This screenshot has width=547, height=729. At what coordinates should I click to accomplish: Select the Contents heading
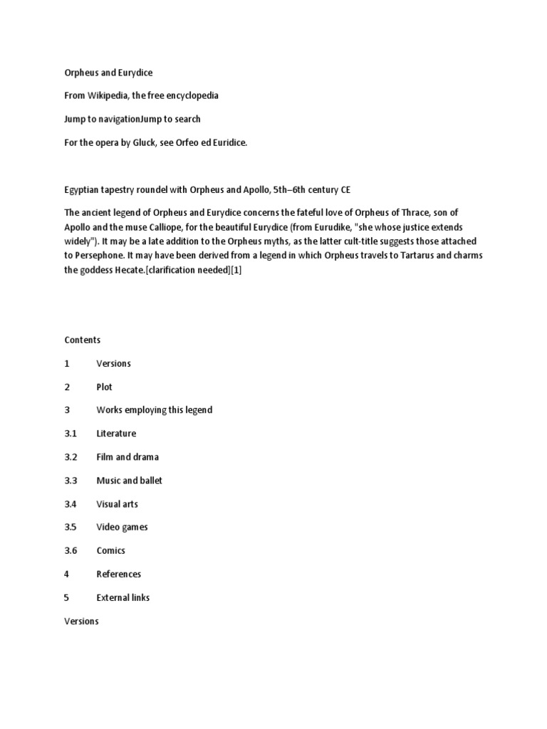[82, 340]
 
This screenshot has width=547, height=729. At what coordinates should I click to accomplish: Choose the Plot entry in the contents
[105, 387]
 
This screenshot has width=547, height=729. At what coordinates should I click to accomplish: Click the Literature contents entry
[116, 434]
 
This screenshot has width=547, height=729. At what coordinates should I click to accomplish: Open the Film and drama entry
[127, 457]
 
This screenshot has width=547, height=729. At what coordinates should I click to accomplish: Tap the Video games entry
[122, 527]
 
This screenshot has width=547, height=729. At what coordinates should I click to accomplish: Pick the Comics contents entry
[110, 550]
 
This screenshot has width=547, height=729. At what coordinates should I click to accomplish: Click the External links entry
[123, 597]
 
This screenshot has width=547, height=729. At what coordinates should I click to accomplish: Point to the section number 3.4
[71, 504]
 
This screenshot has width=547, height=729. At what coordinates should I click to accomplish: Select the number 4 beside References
[67, 574]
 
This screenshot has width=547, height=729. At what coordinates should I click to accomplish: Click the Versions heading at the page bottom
[81, 621]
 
